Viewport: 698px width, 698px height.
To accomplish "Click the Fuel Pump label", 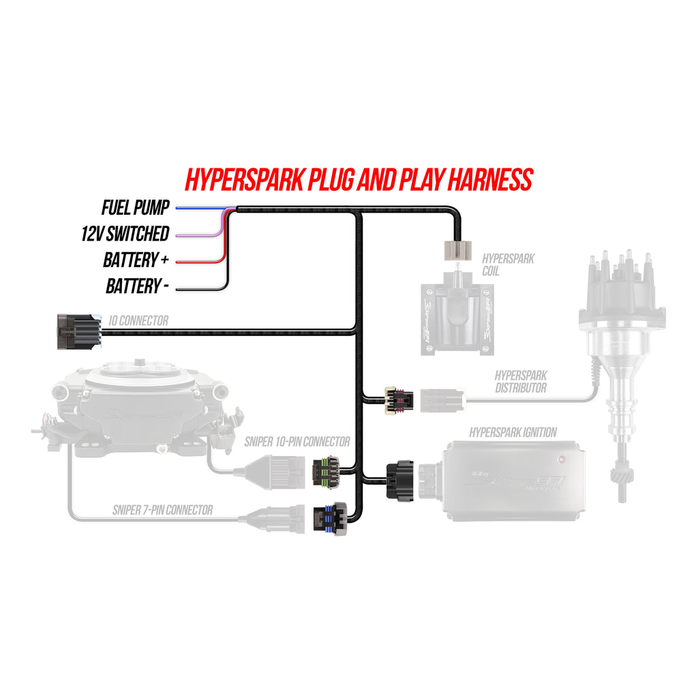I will click(x=135, y=207).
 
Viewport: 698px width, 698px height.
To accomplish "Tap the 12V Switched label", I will click(x=125, y=234).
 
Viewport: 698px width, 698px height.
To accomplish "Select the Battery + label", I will click(x=136, y=260).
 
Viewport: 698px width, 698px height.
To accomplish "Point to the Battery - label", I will click(x=137, y=286).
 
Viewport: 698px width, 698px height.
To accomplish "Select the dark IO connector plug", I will click(x=76, y=331).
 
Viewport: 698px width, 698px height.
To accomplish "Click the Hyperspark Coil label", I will click(x=508, y=264).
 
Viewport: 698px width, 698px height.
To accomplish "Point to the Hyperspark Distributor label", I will click(x=520, y=382).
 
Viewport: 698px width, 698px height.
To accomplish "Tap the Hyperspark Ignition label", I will click(x=513, y=432).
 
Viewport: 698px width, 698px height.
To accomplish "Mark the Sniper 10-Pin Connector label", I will click(x=297, y=442).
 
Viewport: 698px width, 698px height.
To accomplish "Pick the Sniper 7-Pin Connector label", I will click(x=162, y=509).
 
